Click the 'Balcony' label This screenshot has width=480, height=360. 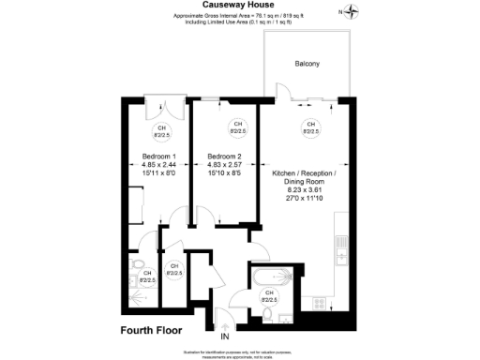[x=307, y=64]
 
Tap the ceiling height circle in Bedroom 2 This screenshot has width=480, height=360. [x=237, y=128]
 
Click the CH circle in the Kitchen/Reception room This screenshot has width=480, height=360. [x=309, y=128]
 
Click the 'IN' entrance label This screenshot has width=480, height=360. [x=224, y=336]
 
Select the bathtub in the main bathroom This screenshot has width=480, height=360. [x=272, y=277]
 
